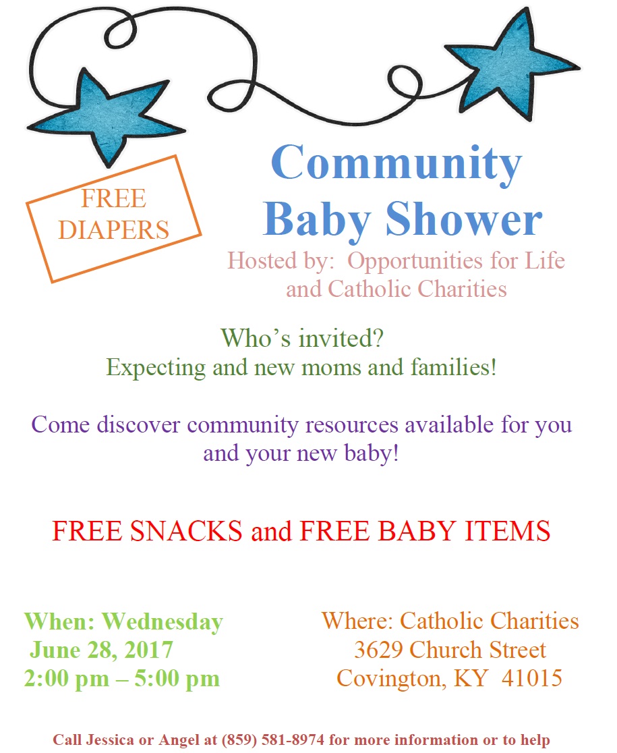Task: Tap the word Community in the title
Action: pos(396,163)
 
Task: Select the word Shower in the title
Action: pos(464,219)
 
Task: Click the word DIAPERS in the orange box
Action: pos(114,229)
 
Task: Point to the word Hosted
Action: pos(262,260)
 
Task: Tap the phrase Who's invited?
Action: pos(302,338)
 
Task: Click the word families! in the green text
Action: pos(453,367)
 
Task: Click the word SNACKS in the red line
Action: pos(186,531)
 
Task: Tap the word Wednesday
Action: pos(163,621)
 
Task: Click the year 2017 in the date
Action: pos(148,650)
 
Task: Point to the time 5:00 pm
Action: pos(177,679)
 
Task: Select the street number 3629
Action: pos(378,650)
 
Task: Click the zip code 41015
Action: pos(531,679)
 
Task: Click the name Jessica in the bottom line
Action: pos(111,740)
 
